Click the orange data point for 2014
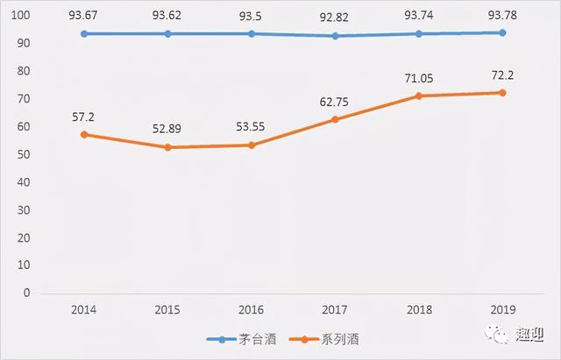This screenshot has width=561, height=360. pos(84,134)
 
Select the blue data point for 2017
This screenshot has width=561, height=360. pos(337,36)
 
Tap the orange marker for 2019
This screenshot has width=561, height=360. pos(502,93)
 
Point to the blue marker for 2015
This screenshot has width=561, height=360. pos(167,33)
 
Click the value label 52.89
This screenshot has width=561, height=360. pos(167,130)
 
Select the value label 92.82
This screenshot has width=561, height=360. pos(337,16)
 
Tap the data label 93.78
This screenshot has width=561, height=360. pos(502,16)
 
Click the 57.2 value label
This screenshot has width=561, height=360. pos(84,115)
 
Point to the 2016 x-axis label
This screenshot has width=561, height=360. pos(252,310)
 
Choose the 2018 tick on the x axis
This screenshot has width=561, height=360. pos(419,310)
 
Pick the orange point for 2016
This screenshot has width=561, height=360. pos(252,145)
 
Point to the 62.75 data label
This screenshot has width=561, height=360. pos(337,100)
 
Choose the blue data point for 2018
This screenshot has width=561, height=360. pos(419,33)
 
